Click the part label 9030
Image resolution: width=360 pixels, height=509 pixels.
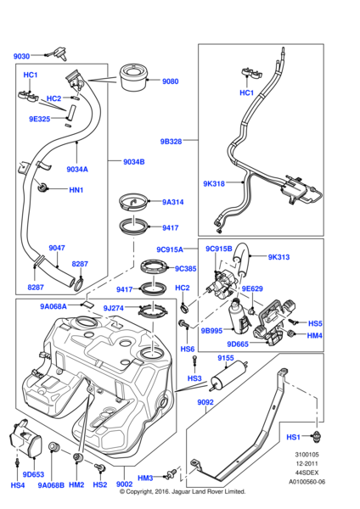point(21,56)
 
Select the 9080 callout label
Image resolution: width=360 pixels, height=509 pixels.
point(171,82)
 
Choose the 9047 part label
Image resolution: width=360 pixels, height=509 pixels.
point(57,249)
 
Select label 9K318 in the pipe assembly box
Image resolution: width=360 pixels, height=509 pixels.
point(214,183)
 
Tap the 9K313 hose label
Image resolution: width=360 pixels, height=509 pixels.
point(278,257)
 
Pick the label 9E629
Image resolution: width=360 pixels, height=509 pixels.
point(253,288)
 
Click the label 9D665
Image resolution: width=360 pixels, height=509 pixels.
point(237,344)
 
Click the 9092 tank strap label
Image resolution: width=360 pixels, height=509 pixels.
point(207,404)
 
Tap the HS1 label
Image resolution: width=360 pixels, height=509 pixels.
point(294,437)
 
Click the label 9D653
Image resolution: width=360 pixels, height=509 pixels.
point(33,474)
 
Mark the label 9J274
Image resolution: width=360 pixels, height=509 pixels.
point(113,309)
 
